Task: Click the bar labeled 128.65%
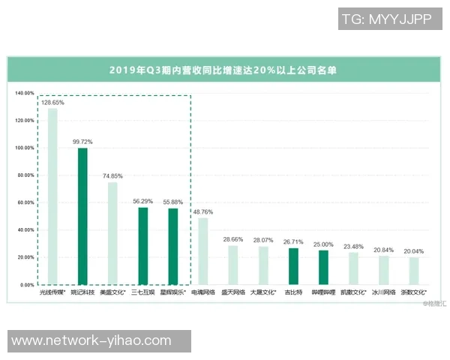click(52, 196)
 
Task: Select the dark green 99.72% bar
click(82, 217)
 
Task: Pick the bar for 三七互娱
click(142, 246)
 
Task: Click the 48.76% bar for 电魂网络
click(202, 251)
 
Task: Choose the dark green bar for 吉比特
click(293, 266)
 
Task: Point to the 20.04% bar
click(414, 271)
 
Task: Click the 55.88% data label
click(173, 202)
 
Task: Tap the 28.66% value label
click(233, 238)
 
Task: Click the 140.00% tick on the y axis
click(25, 94)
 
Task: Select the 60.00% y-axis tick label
click(25, 202)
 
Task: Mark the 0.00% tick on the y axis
click(27, 285)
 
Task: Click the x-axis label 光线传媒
click(53, 292)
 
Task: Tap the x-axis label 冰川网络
click(383, 292)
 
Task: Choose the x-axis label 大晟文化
click(263, 292)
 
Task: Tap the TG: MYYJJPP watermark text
click(386, 19)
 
